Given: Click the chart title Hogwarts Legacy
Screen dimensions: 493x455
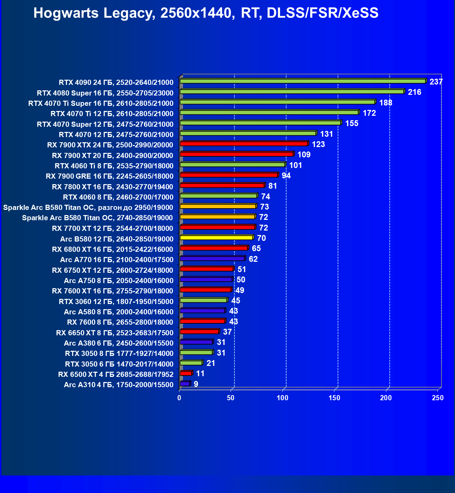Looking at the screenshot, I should (206, 13).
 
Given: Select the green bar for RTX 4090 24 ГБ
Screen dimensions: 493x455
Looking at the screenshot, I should (302, 81).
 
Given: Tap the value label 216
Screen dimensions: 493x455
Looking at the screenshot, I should (414, 92).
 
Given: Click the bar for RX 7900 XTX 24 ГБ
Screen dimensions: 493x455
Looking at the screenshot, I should (244, 144).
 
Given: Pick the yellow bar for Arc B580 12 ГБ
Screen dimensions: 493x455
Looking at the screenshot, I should (216, 237).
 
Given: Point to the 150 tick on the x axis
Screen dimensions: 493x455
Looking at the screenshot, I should (334, 398).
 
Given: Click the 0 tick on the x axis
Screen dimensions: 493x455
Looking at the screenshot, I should (179, 398).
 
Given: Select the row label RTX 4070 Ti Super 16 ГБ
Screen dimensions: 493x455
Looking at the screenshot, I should (101, 103).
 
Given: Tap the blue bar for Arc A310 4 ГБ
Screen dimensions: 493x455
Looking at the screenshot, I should (185, 383).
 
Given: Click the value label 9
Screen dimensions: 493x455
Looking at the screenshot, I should (196, 384).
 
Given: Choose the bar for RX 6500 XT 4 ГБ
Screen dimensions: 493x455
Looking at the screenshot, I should (186, 373).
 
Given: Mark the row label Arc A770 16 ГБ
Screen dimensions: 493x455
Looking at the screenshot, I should (116, 260).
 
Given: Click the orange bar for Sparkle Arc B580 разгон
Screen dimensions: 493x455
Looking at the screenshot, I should (218, 206).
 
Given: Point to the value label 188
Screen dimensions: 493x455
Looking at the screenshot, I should (386, 103).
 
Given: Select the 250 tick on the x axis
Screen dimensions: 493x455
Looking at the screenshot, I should (437, 398).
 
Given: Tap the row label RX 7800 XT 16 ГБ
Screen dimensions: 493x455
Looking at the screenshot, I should (112, 187).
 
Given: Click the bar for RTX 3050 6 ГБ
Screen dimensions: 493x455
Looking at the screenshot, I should (191, 363).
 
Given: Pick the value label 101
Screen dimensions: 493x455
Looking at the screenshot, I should (296, 165).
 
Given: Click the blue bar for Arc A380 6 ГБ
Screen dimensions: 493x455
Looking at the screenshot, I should (196, 342).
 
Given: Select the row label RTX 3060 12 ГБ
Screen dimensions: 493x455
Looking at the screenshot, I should (116, 302).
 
